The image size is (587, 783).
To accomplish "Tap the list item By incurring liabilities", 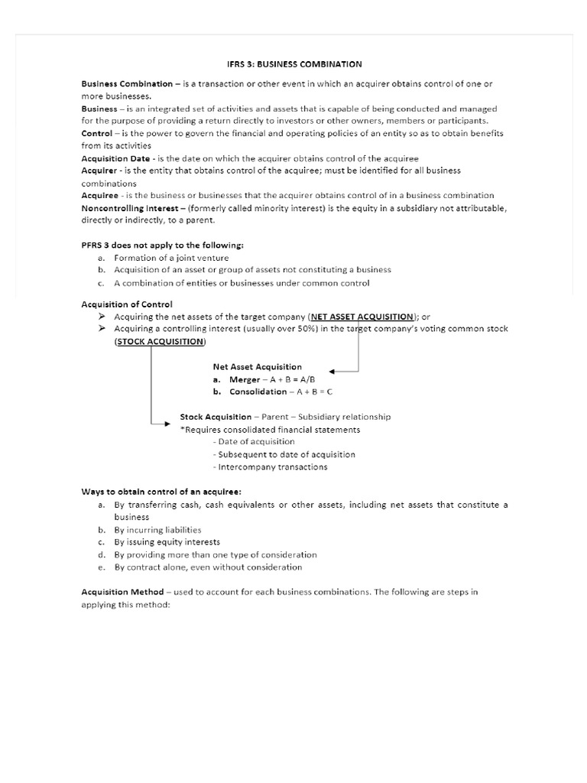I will click(157, 529).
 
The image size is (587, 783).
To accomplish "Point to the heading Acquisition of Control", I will click(127, 304).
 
